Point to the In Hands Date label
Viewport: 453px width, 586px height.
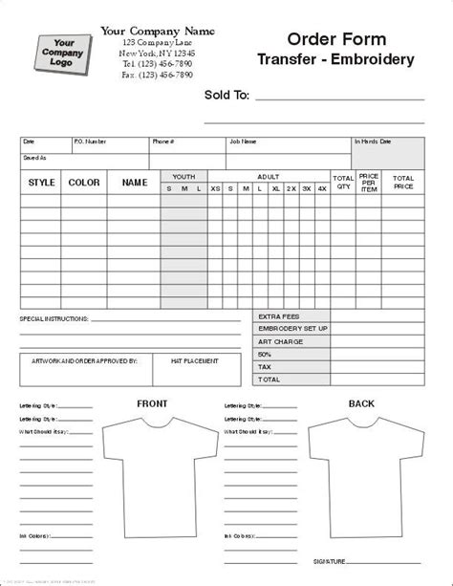374,141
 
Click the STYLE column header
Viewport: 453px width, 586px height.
42,182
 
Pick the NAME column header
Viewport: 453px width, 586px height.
135,182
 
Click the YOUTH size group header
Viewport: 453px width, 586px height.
184,176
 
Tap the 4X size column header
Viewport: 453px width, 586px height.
321,188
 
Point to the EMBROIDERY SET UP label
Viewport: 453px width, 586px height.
293,329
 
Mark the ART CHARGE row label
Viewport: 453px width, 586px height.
278,341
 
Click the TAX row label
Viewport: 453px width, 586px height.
265,366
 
